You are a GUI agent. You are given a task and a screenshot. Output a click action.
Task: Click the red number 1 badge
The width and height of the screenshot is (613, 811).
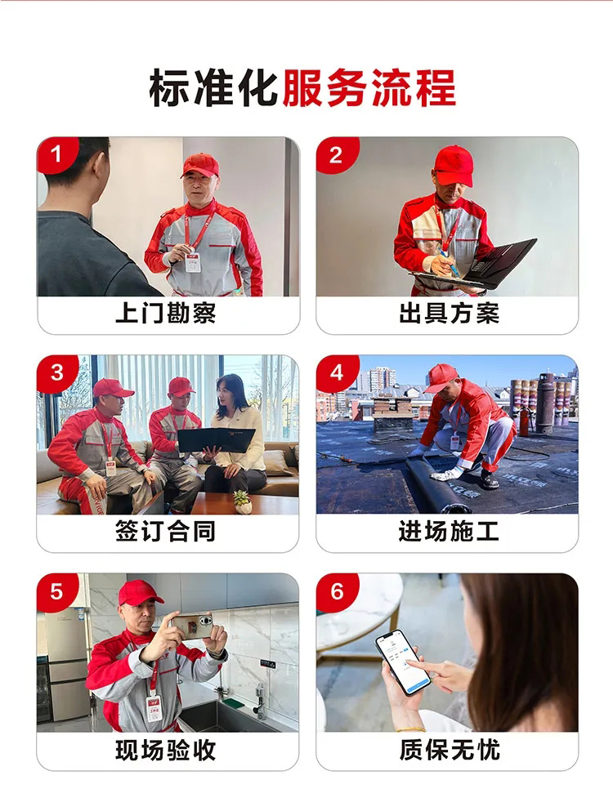click(x=56, y=154)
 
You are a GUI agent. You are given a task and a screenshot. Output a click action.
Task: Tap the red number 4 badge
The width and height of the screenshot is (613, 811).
click(x=337, y=372)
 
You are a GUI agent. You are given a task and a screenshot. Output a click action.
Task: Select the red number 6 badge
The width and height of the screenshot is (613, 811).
click(x=337, y=591)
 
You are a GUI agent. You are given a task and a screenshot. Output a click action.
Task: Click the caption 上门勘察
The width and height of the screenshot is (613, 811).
click(x=166, y=313)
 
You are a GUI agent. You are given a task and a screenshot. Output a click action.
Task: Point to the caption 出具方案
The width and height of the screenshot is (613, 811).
click(x=449, y=313)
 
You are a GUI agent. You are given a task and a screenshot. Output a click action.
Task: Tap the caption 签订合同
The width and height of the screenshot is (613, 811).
click(x=166, y=531)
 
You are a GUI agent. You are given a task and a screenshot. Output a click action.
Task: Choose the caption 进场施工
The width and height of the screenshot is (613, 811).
click(x=449, y=531)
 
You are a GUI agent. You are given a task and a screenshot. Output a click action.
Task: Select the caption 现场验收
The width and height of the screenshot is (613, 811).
click(x=166, y=750)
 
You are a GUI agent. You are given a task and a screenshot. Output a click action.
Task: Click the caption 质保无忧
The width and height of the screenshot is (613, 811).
click(x=449, y=750)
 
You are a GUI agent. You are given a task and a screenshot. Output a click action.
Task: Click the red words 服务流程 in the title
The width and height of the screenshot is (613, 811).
click(x=369, y=88)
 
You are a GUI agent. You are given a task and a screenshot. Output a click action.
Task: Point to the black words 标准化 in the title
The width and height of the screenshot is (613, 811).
click(x=214, y=88)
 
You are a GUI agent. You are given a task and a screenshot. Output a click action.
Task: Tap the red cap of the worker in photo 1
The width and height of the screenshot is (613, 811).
click(x=200, y=164)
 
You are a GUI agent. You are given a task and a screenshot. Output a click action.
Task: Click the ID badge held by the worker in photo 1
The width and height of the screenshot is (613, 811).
click(x=193, y=261)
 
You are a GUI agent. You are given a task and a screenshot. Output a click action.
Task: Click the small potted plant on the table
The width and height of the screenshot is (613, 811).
click(x=242, y=501)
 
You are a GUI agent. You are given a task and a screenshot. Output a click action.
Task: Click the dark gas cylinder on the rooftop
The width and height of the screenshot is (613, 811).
click(x=545, y=403)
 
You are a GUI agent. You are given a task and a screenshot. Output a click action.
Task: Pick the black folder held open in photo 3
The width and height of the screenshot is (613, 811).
click(x=217, y=439)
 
